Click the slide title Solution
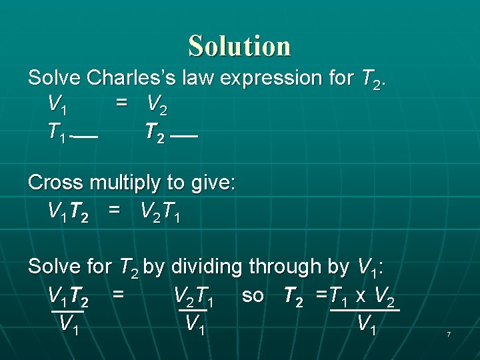pos(239,46)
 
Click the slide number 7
pos(449,333)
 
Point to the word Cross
pos(56,183)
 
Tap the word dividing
pos(207,267)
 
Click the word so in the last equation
pos(253,295)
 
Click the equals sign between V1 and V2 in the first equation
pos(121,104)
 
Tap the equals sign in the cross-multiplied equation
pos(115,212)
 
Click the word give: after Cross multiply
pos(209,183)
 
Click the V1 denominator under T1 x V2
pos(367,325)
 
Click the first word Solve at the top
pos(55,78)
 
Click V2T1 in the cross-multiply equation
pos(161,213)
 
